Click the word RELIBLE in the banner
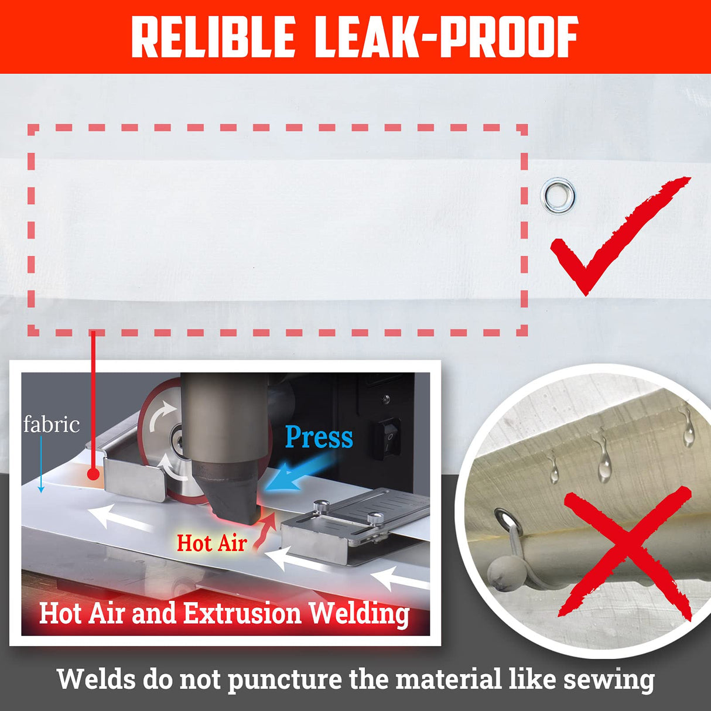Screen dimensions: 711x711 [213, 36]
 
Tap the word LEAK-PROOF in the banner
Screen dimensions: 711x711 [446, 36]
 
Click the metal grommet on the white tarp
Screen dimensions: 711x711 [558, 196]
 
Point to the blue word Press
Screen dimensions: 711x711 [319, 437]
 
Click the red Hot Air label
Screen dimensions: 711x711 [212, 543]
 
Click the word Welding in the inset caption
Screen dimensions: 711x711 [359, 614]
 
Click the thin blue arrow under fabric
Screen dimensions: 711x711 [41, 464]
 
